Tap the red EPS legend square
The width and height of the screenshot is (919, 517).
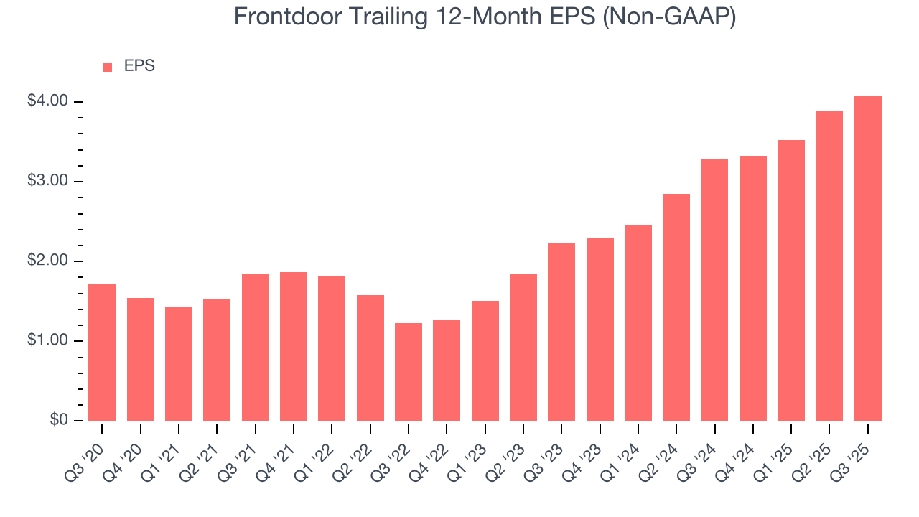pyautogui.click(x=108, y=67)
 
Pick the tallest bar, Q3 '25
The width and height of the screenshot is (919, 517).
pyautogui.click(x=868, y=258)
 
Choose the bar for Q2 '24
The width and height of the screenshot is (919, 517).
pyautogui.click(x=676, y=307)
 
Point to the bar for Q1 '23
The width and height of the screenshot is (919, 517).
pyautogui.click(x=485, y=360)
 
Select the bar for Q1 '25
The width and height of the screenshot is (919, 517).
pyautogui.click(x=791, y=280)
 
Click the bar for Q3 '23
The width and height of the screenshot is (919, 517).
pyautogui.click(x=561, y=332)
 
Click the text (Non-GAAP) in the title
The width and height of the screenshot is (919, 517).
pyautogui.click(x=671, y=17)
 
